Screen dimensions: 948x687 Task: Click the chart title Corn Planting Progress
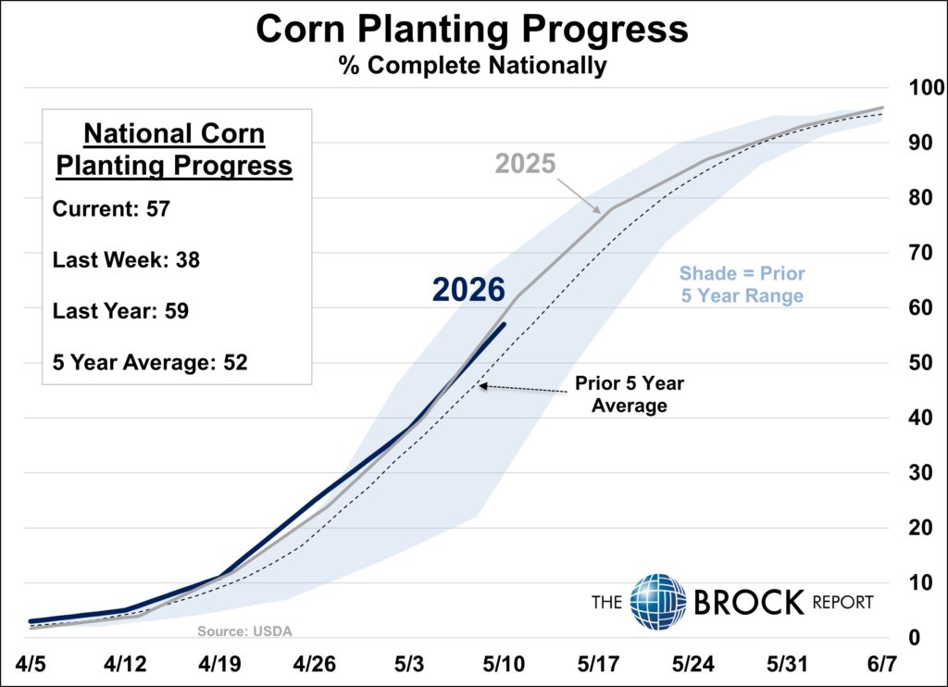471,29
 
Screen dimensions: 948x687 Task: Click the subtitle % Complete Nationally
473,66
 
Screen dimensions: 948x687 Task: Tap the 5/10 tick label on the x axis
504,664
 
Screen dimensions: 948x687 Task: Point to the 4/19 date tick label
219,664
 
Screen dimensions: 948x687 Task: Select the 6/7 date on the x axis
882,664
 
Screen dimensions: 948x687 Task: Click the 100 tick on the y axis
926,88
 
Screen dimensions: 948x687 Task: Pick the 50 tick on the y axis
920,362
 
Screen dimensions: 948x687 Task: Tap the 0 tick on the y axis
914,637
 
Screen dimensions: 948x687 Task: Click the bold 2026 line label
468,290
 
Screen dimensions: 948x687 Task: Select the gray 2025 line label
526,164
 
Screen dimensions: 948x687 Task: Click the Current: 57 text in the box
111,208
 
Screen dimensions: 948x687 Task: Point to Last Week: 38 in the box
126,259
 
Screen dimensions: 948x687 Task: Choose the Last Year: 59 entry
120,311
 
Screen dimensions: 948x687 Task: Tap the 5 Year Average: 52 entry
150,362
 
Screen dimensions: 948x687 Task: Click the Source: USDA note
244,631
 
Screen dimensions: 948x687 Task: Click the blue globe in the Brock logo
658,601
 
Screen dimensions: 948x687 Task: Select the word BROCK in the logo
749,602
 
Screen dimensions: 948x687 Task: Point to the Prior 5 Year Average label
630,394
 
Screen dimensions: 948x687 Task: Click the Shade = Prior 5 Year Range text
742,284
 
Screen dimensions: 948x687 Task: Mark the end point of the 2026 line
505,323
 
